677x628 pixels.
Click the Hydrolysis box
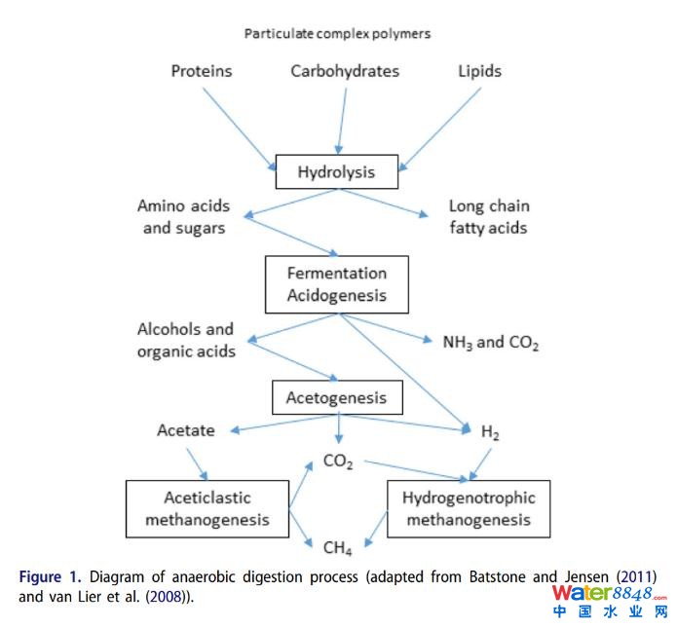coord(336,173)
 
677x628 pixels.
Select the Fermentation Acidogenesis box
coord(336,284)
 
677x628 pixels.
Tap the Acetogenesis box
coord(336,398)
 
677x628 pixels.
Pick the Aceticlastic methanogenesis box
coord(207,508)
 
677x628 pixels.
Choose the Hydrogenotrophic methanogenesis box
coord(469,508)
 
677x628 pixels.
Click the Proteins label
coord(202,71)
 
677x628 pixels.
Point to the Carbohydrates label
coord(345,71)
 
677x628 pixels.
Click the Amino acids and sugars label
coord(184,217)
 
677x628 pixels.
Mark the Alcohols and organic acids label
coord(186,341)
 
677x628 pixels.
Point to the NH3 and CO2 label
coord(491,343)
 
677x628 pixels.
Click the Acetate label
coord(186,430)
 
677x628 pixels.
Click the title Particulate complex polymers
coord(337,33)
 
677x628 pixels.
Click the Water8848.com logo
coord(609,601)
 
